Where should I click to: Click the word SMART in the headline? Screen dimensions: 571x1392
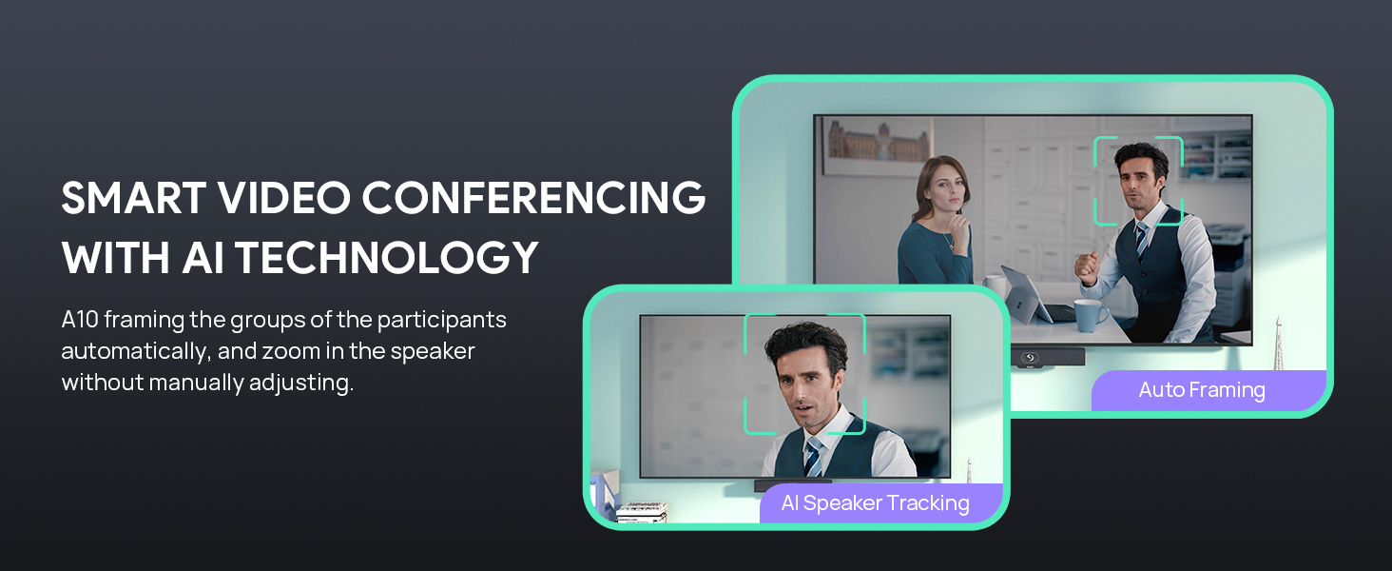point(132,198)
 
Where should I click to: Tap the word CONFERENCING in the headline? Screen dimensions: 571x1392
point(534,198)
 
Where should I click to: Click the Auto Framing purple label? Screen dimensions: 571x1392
point(1202,390)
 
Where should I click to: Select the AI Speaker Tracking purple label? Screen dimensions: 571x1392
point(875,503)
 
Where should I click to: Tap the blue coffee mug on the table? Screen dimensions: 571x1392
point(1090,315)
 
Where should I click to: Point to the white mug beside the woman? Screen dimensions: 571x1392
point(996,286)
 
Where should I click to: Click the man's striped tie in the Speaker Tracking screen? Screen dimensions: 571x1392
point(813,456)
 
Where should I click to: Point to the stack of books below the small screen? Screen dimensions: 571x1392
point(641,512)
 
